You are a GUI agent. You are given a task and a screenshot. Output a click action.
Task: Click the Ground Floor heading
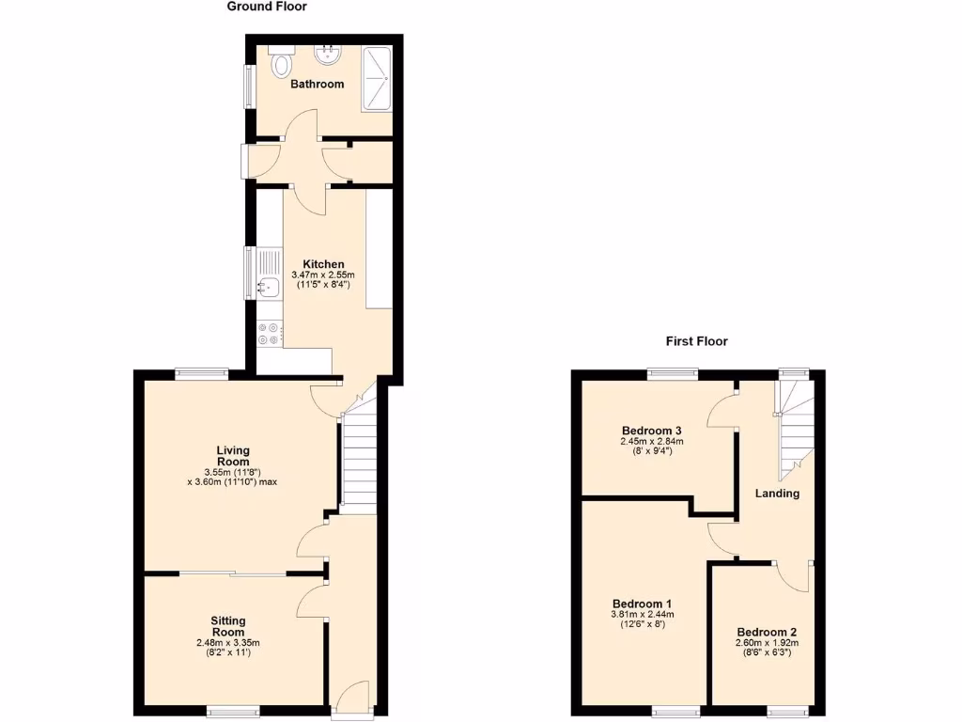(x=267, y=7)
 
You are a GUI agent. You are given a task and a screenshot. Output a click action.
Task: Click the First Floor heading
(x=697, y=341)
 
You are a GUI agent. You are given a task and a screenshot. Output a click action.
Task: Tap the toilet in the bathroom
(x=280, y=65)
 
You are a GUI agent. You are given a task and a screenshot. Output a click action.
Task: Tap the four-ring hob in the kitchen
(x=269, y=332)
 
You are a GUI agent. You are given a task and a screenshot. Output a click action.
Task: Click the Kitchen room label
(x=323, y=264)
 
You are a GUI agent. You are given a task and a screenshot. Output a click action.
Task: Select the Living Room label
(x=232, y=455)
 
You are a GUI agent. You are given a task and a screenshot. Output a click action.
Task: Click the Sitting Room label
(x=228, y=626)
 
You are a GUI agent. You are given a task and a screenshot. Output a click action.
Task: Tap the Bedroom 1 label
(x=642, y=604)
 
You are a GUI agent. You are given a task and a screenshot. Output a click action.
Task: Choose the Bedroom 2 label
(x=767, y=632)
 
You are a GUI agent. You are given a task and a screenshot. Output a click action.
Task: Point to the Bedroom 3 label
(x=651, y=431)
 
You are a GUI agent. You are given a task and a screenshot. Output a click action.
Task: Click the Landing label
(x=778, y=494)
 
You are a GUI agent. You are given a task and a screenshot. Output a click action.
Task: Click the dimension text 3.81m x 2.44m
(x=643, y=615)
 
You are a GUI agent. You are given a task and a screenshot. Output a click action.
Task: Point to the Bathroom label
(x=317, y=84)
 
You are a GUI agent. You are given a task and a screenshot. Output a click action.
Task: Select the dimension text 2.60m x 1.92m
(x=768, y=642)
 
